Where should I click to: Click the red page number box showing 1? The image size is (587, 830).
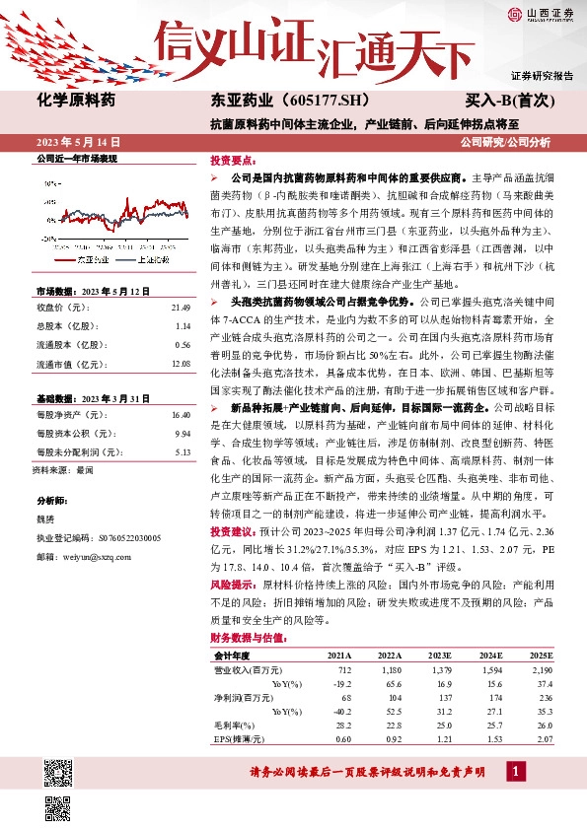click(513, 772)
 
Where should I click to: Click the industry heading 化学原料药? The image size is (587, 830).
click(76, 100)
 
